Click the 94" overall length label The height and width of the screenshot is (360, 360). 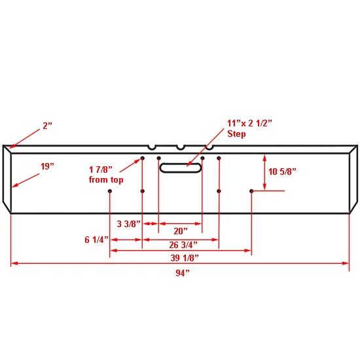tap(183, 273)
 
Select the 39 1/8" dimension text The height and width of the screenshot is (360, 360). tap(185, 258)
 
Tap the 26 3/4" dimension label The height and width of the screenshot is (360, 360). tap(183, 245)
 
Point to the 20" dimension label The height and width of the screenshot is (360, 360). tap(181, 231)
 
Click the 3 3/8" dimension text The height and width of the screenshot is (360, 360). tap(128, 224)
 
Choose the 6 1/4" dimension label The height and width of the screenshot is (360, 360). tap(96, 240)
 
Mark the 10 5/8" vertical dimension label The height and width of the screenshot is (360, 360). tap(282, 171)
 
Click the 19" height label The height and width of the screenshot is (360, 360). tap(47, 166)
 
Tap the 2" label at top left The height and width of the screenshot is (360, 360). tap(48, 126)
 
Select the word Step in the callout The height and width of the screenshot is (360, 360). tap(236, 134)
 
